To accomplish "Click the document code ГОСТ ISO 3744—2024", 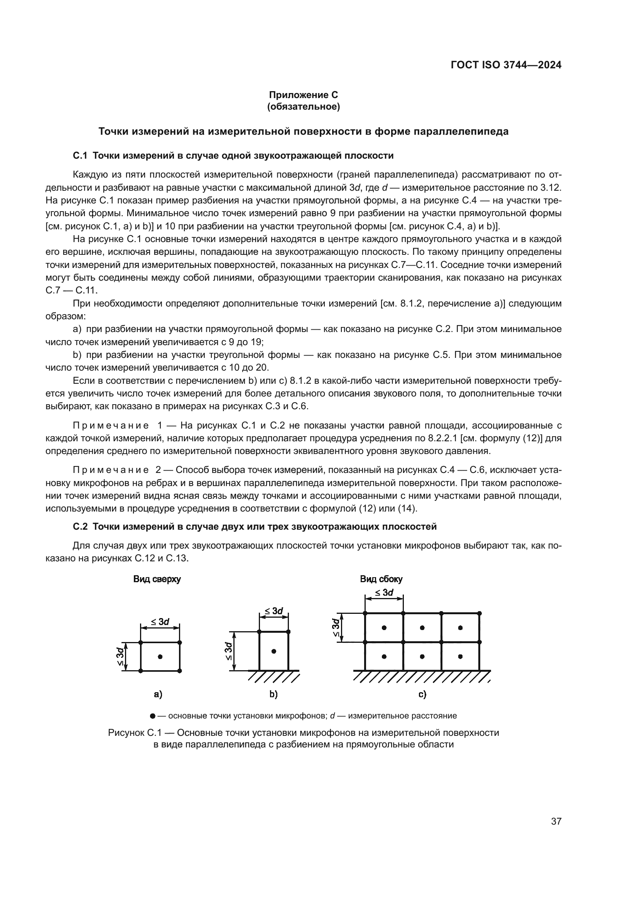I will (506, 65).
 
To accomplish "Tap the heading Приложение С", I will (303, 95).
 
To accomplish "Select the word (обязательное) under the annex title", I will (303, 107).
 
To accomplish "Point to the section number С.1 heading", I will (80, 156).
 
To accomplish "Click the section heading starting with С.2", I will (255, 527).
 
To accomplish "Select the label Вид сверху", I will (157, 579).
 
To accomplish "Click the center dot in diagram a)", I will (160, 656).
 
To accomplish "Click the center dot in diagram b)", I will (274, 651).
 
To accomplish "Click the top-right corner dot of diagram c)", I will (479, 613).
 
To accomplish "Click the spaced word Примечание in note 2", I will (111, 470).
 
